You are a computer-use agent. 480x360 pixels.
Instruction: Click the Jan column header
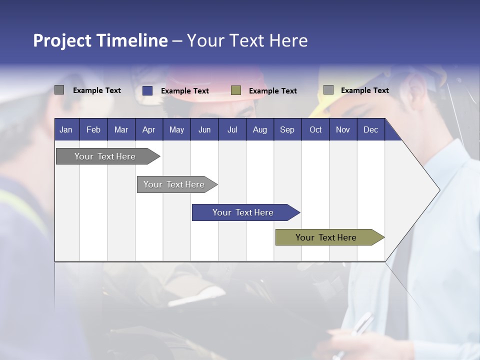click(66, 129)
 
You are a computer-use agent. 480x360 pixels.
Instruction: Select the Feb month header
click(93, 129)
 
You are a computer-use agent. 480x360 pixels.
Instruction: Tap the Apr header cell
click(148, 129)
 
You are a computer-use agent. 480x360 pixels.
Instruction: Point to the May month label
click(176, 129)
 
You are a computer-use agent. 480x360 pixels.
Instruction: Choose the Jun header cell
click(204, 129)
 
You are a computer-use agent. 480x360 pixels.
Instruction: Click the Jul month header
click(232, 129)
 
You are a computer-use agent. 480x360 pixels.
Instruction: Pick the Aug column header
click(259, 129)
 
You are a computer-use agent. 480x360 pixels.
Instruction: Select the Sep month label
click(287, 129)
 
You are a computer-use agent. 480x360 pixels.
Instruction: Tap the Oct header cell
click(315, 129)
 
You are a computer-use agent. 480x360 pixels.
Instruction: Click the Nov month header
click(343, 129)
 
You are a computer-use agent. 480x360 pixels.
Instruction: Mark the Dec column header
click(370, 129)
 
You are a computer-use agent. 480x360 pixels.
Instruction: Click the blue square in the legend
click(147, 90)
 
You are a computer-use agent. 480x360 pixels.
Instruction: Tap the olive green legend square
click(236, 90)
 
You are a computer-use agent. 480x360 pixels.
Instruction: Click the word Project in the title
click(62, 40)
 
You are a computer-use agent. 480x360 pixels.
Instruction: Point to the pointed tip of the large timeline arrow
click(438, 190)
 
